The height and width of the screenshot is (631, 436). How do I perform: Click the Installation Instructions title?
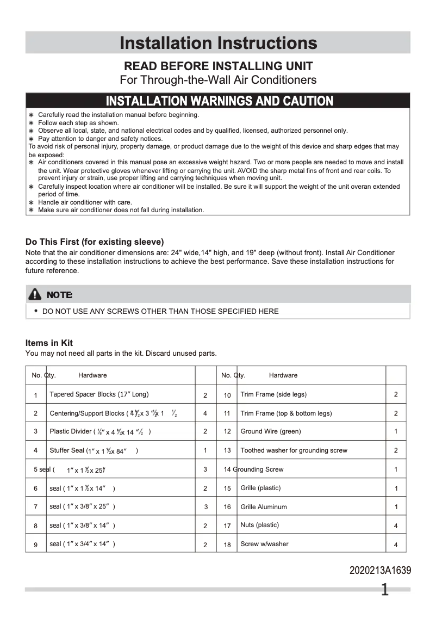click(218, 43)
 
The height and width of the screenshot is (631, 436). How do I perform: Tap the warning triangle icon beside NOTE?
click(35, 294)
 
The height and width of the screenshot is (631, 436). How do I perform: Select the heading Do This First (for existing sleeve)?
click(95, 242)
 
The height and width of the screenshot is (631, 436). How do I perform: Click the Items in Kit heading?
click(49, 343)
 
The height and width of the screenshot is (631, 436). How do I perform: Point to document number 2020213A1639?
click(380, 571)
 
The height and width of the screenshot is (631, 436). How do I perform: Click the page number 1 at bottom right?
click(385, 590)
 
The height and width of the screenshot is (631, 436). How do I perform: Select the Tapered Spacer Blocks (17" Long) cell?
click(99, 394)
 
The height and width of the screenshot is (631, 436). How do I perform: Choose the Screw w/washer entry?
click(264, 544)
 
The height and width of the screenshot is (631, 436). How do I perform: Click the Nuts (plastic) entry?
click(260, 525)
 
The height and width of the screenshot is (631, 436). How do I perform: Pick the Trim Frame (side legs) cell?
click(273, 394)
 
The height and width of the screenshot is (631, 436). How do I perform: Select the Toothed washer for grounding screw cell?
click(294, 450)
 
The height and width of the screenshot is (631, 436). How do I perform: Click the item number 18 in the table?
click(227, 545)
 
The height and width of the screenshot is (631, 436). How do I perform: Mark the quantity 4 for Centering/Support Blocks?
click(205, 413)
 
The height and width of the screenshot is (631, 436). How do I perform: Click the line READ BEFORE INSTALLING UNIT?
click(218, 66)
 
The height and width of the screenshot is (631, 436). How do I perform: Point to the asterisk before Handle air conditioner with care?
click(32, 202)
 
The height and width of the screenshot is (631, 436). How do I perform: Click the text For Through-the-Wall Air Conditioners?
click(218, 80)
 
